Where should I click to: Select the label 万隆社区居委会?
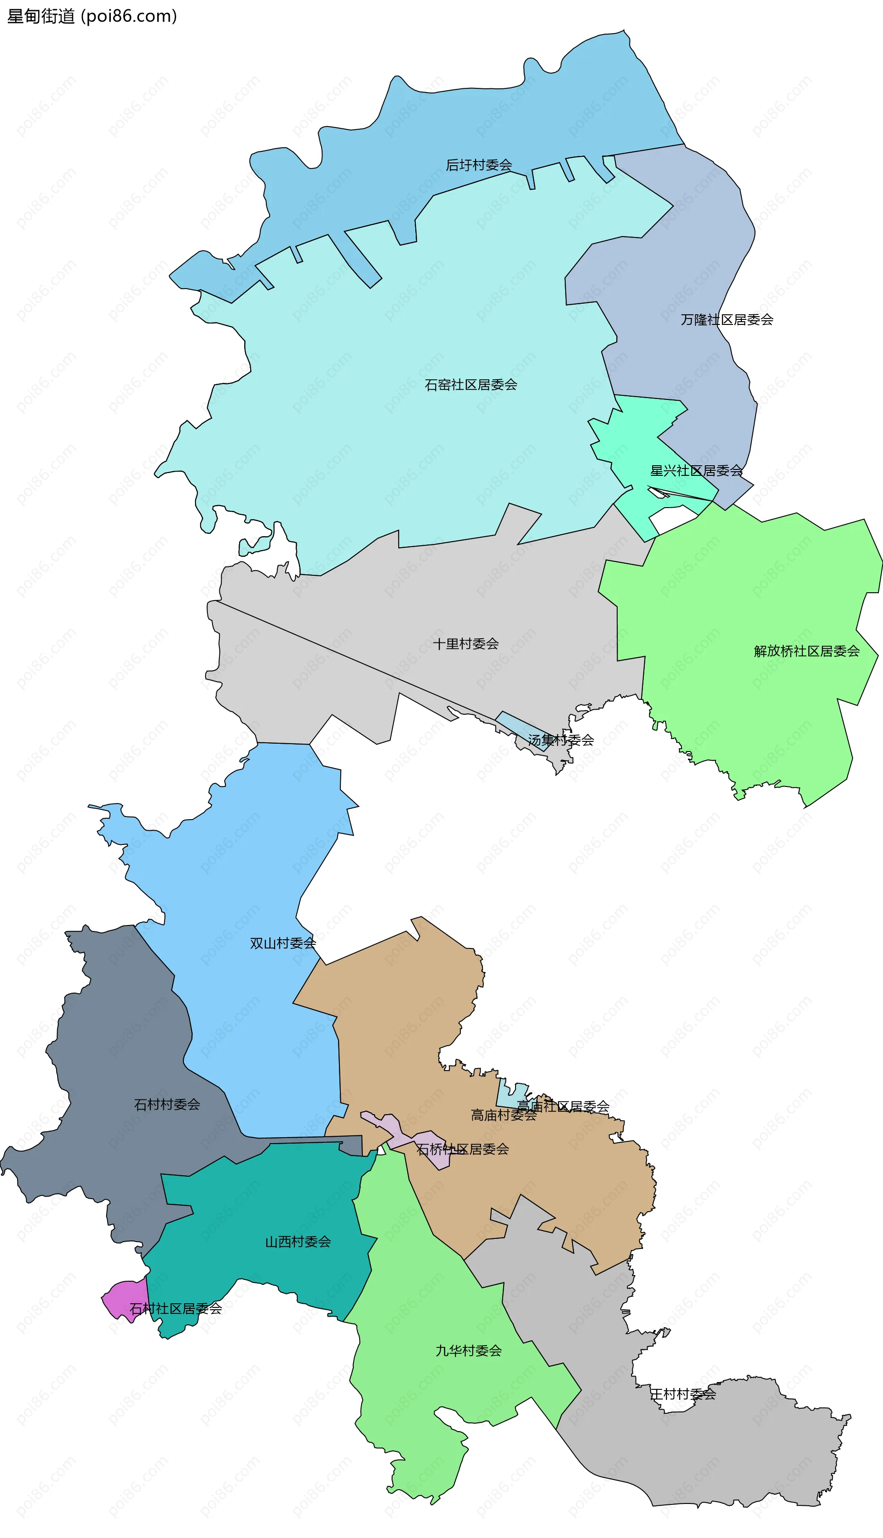click(727, 320)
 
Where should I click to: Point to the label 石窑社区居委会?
click(470, 385)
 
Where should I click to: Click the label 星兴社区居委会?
click(696, 471)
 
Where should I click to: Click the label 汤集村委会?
click(560, 740)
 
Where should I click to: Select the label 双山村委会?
click(283, 943)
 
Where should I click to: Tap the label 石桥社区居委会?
click(462, 1149)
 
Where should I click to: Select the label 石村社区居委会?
click(175, 1309)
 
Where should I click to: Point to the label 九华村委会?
click(468, 1351)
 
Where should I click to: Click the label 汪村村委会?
click(682, 1394)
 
